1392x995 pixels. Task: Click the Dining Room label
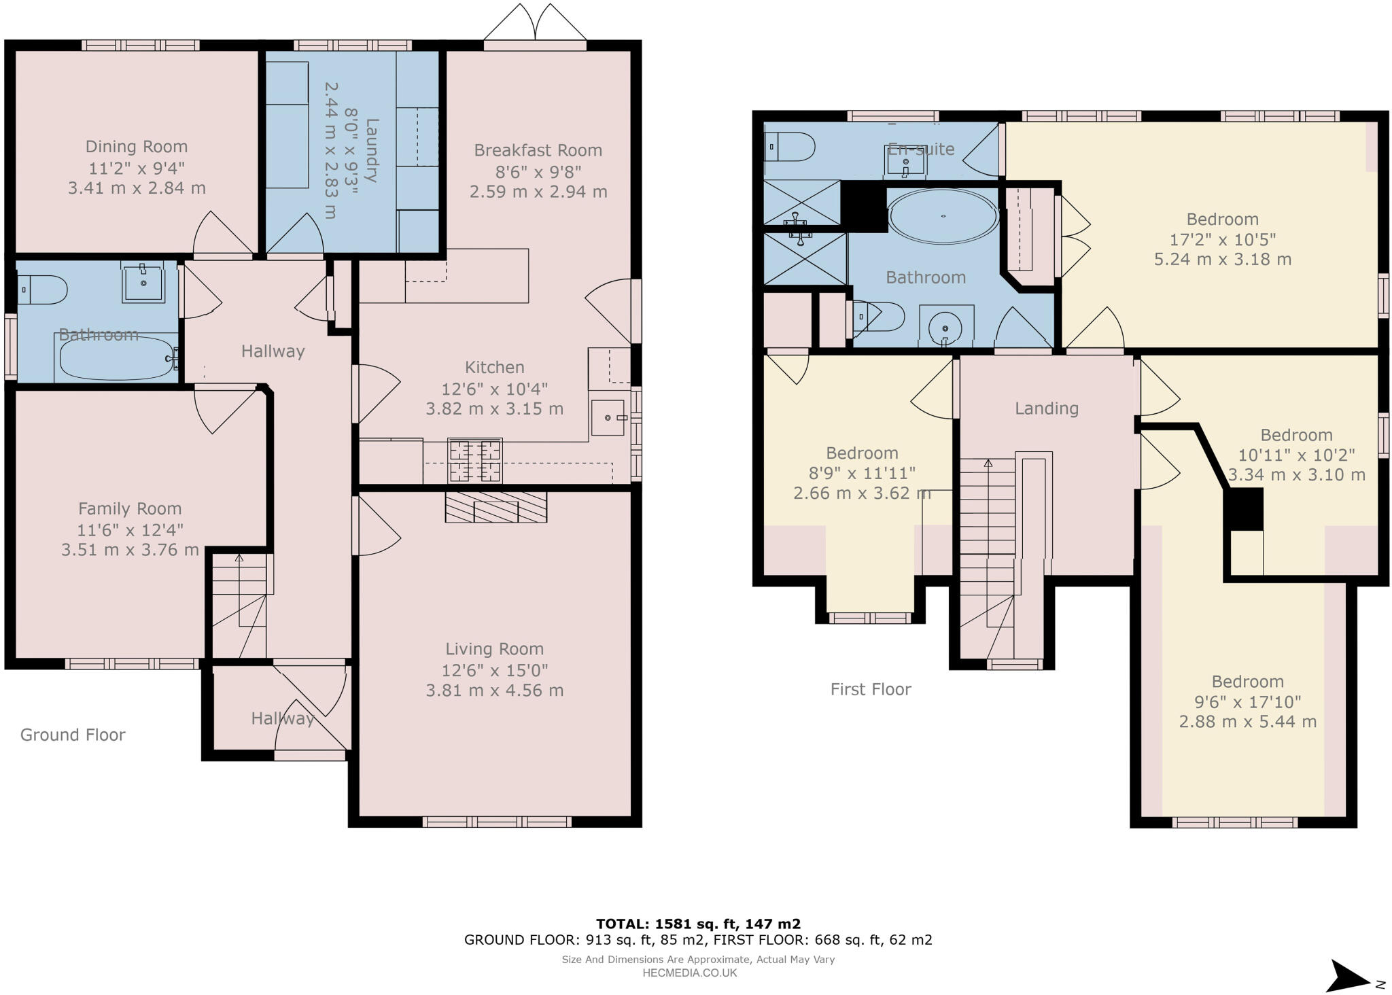(137, 147)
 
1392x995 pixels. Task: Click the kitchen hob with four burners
(474, 460)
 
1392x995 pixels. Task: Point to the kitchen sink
(607, 417)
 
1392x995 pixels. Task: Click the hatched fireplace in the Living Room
(495, 506)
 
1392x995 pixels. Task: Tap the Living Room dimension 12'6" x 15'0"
(495, 670)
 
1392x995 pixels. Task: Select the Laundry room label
(371, 150)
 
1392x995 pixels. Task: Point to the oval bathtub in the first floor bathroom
(943, 216)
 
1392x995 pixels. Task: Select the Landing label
(1046, 408)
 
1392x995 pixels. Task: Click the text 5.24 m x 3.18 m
(1222, 260)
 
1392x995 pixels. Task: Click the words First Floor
(870, 689)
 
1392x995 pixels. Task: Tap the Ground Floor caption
(73, 735)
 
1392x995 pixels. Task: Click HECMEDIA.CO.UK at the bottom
(689, 973)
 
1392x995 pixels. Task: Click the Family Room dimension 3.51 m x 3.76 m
(130, 550)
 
